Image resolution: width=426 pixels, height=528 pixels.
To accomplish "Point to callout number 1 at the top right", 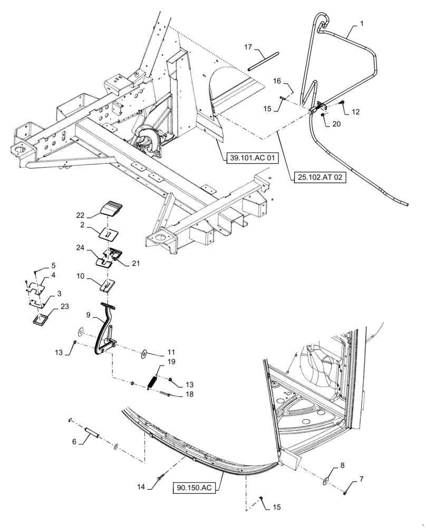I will (362, 24).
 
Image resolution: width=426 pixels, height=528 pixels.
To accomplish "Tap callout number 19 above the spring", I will (171, 362).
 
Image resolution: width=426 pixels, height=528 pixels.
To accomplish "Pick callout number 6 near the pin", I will (74, 441).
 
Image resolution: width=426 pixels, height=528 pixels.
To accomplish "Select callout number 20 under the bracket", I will (336, 124).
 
